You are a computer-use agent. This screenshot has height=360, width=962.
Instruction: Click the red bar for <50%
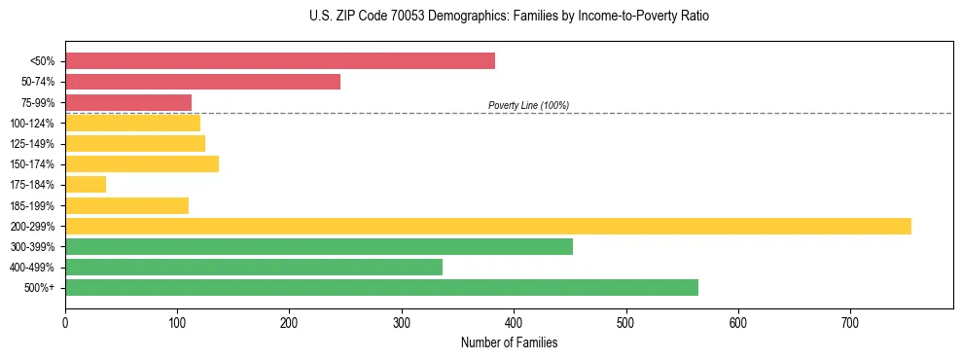tap(280, 61)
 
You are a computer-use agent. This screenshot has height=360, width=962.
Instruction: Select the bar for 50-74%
tap(202, 82)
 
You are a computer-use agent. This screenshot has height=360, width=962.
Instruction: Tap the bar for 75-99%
tap(128, 102)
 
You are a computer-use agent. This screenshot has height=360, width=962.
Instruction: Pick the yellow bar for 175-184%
tap(86, 185)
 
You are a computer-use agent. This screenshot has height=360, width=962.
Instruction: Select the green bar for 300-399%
tap(319, 246)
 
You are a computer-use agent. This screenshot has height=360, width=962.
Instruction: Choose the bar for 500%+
tap(381, 287)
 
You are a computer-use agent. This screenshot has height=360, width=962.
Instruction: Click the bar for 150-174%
tap(142, 164)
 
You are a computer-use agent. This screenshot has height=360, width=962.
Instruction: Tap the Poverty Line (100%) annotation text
tap(528, 105)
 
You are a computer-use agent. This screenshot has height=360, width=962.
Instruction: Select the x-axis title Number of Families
tap(509, 342)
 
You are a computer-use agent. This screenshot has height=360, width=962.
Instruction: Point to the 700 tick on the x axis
tap(850, 322)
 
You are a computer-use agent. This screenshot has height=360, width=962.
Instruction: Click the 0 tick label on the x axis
tap(65, 322)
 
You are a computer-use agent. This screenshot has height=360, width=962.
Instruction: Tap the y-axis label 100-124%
tap(32, 124)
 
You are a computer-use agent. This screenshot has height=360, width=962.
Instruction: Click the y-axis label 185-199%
tap(32, 206)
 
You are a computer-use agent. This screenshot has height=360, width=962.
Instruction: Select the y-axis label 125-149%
tap(32, 144)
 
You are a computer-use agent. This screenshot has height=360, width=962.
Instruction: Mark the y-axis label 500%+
tap(40, 288)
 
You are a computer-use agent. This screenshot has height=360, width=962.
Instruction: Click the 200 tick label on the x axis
tap(289, 322)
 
